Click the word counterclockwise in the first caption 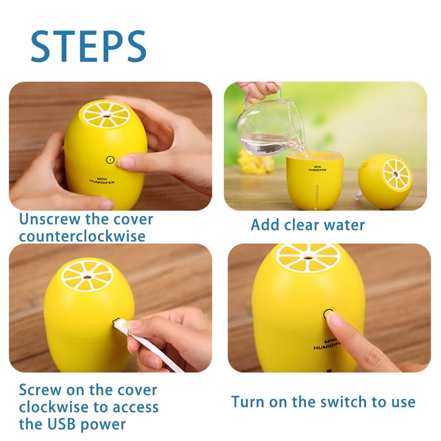(x=82, y=236)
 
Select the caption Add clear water (x=307, y=225)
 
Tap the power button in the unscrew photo (x=110, y=160)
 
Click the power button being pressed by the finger (x=328, y=313)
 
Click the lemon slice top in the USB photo (x=87, y=275)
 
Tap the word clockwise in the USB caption (x=52, y=407)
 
